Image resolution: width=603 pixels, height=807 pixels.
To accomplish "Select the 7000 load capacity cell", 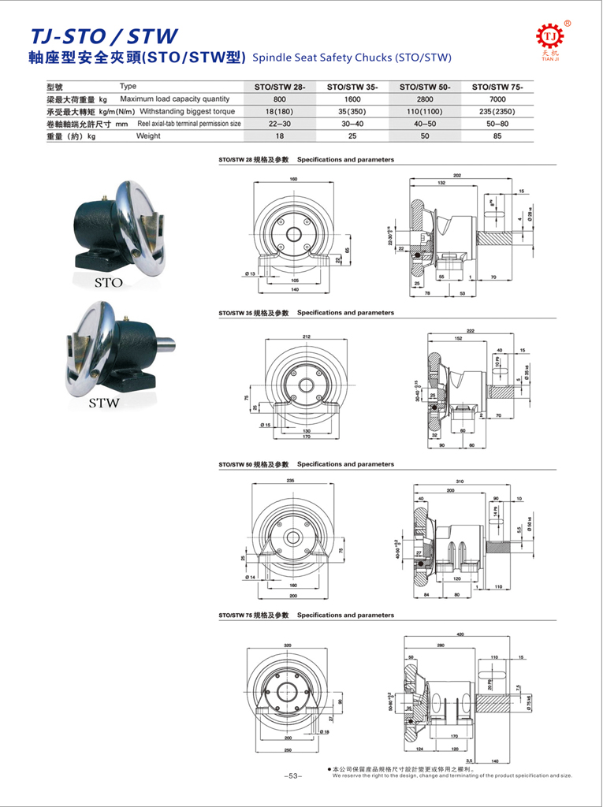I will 497,99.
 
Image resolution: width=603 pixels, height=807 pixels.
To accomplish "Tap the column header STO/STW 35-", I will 352,87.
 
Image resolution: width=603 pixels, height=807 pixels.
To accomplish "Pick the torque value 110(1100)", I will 425,112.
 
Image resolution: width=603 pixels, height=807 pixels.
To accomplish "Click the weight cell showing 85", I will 497,136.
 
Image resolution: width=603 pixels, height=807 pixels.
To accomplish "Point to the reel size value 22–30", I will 280,124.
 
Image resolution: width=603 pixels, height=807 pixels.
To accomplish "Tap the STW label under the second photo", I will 103,403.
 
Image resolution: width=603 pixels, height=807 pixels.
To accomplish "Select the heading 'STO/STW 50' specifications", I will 306,464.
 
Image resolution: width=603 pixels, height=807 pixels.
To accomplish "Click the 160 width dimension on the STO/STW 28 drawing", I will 293,179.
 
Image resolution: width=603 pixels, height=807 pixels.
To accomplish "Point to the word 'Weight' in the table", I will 148,136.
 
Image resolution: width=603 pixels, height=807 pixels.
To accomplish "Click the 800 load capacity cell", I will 280,99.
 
